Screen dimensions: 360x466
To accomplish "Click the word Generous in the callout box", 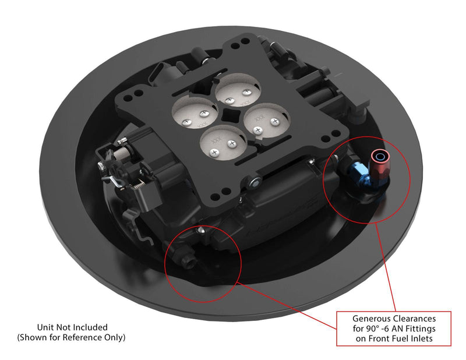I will (x=370, y=319).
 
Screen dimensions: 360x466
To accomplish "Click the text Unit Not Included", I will (x=72, y=327).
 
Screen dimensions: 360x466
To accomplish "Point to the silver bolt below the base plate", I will (x=255, y=183).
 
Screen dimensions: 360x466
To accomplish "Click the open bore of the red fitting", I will (x=380, y=156).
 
